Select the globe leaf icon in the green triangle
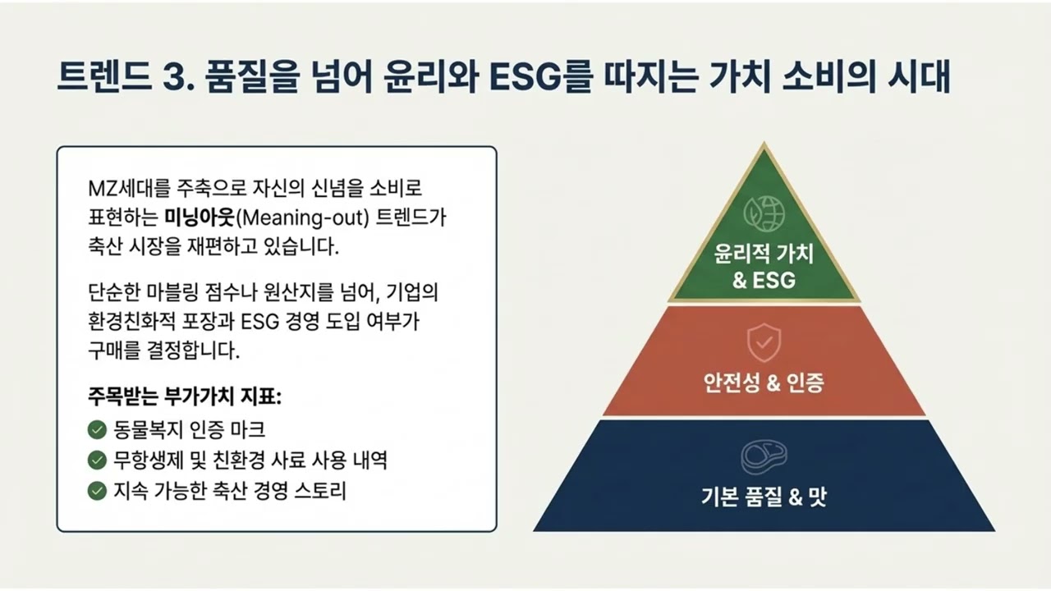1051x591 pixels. tap(764, 213)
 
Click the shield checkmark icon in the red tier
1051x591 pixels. tap(764, 345)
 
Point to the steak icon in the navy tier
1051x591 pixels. tap(764, 456)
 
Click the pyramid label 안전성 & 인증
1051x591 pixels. tap(764, 383)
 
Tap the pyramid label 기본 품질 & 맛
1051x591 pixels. tap(764, 497)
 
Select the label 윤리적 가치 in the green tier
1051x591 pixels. tap(764, 254)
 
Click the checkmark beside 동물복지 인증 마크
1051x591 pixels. tap(97, 429)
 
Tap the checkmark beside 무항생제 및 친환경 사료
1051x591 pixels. tap(97, 460)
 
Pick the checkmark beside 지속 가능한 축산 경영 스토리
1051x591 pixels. tap(97, 491)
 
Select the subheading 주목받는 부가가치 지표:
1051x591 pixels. tap(184, 396)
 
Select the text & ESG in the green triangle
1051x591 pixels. tap(764, 280)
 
